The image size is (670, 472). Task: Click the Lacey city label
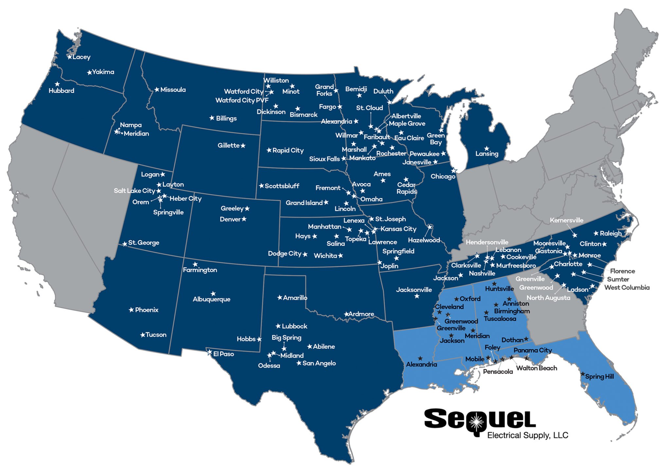pyautogui.click(x=81, y=57)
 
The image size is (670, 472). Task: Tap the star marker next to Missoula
pyautogui.click(x=157, y=90)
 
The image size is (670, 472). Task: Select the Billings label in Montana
pyautogui.click(x=226, y=118)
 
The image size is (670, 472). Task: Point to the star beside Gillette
pyautogui.click(x=243, y=146)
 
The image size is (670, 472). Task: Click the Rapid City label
pyautogui.click(x=288, y=150)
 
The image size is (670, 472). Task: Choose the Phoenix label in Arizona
pyautogui.click(x=147, y=310)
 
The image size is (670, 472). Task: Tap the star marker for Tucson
pyautogui.click(x=143, y=335)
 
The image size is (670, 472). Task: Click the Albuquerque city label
pyautogui.click(x=211, y=299)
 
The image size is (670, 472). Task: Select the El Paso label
pyautogui.click(x=223, y=354)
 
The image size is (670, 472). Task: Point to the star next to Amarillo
pyautogui.click(x=280, y=298)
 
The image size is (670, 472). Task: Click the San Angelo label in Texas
pyautogui.click(x=319, y=363)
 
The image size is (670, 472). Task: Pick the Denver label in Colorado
pyautogui.click(x=230, y=219)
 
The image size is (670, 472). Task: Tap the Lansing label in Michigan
pyautogui.click(x=487, y=154)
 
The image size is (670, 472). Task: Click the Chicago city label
pyautogui.click(x=443, y=177)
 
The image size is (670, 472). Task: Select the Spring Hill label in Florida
pyautogui.click(x=599, y=376)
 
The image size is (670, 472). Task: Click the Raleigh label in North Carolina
pyautogui.click(x=610, y=234)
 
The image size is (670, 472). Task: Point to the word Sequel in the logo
pyautogui.click(x=479, y=419)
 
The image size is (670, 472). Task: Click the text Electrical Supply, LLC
pyautogui.click(x=527, y=435)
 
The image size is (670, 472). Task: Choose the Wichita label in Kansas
pyautogui.click(x=325, y=256)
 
